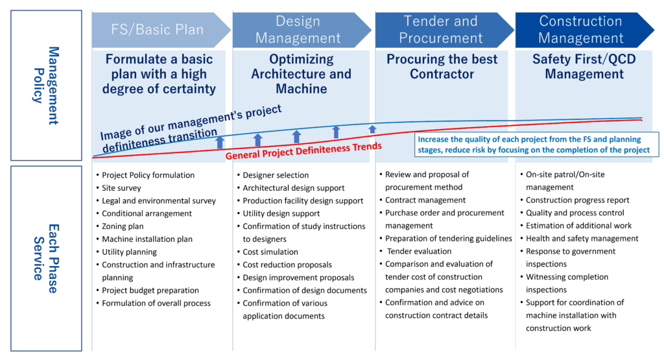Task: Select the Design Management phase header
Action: [298, 29]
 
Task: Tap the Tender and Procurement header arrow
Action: [441, 29]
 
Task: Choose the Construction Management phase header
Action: [581, 29]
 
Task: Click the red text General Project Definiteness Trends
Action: [303, 151]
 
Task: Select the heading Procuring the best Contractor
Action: [442, 67]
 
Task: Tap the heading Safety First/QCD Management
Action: [584, 67]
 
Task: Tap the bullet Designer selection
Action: [276, 175]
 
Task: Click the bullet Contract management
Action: [425, 200]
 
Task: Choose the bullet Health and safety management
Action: [582, 238]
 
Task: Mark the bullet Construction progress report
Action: [577, 200]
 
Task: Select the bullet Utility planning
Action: [129, 252]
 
